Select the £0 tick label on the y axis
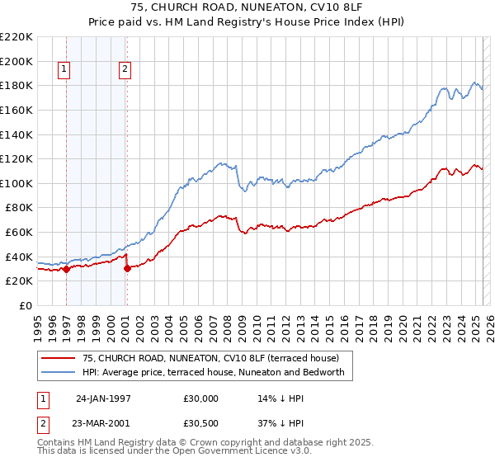point(25,305)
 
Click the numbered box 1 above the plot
point(64,70)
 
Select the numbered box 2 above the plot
point(125,70)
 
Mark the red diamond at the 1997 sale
point(66,269)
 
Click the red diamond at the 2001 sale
point(127,268)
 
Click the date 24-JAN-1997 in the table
point(103,397)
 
